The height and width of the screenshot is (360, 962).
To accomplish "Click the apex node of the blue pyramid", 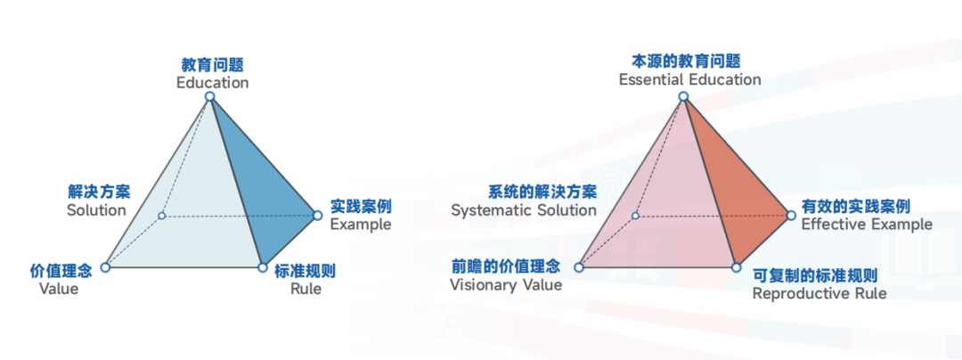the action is tap(210, 96).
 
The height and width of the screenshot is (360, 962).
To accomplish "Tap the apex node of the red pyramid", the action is tap(683, 96).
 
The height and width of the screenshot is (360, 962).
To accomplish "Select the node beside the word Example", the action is tap(317, 216).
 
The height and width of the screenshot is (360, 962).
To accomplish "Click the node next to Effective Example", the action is tap(791, 216).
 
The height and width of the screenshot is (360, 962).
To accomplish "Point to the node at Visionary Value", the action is tap(579, 267).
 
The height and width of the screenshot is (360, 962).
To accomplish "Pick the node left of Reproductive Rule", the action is tap(737, 267).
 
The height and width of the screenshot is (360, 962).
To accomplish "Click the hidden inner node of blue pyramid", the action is tap(161, 216).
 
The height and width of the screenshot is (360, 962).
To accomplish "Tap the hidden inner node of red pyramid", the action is tap(635, 216).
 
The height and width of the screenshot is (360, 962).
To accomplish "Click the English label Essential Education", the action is tap(689, 80).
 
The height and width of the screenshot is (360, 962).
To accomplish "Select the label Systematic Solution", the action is tap(524, 210).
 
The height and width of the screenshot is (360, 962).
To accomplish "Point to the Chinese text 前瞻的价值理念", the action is tap(506, 266).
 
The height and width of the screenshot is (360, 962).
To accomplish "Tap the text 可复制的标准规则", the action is tap(814, 275).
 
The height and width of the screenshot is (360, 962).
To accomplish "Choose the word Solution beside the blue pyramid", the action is tap(96, 210).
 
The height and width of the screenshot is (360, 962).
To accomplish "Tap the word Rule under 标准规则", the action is tap(306, 288).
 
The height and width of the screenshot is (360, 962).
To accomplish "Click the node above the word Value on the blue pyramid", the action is tap(105, 267).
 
